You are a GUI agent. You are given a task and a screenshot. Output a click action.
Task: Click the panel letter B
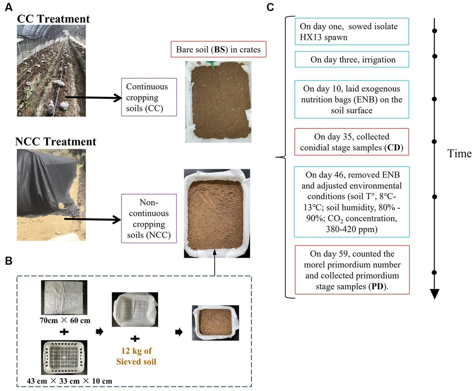(x=7, y=262)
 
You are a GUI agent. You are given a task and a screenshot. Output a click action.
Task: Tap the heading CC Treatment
(x=53, y=19)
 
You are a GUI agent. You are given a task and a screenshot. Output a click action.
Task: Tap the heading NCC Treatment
(x=56, y=141)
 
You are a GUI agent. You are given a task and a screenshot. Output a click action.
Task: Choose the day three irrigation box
(x=353, y=59)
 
